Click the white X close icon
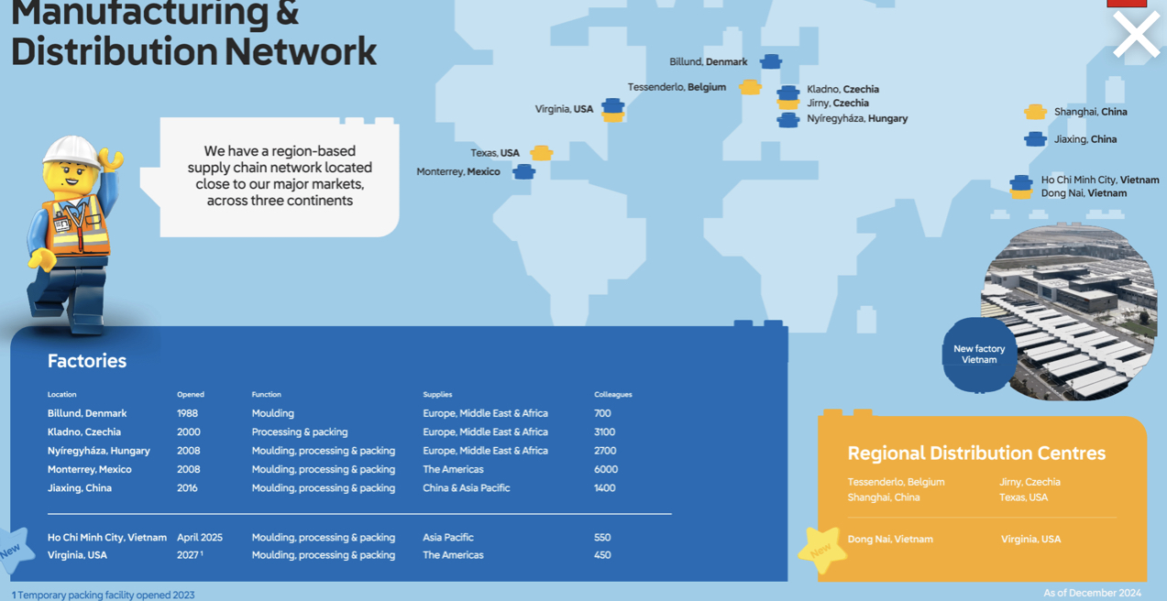pyautogui.click(x=1136, y=36)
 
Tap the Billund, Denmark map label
pyautogui.click(x=708, y=62)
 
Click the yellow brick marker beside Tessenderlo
pyautogui.click(x=750, y=87)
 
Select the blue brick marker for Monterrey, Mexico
pyautogui.click(x=523, y=171)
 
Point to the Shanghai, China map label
pyautogui.click(x=1090, y=112)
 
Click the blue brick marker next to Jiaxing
pyautogui.click(x=1035, y=139)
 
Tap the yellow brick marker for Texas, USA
pyautogui.click(x=541, y=153)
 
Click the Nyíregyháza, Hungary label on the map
pyautogui.click(x=857, y=118)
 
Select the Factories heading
pyautogui.click(x=87, y=361)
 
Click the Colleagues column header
pyautogui.click(x=612, y=395)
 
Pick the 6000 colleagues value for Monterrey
pyautogui.click(x=605, y=469)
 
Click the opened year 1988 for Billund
pyautogui.click(x=187, y=413)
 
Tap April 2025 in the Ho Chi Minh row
pyautogui.click(x=200, y=538)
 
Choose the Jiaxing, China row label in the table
pyautogui.click(x=80, y=488)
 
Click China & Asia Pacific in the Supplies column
pyautogui.click(x=466, y=488)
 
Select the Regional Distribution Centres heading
pyautogui.click(x=976, y=453)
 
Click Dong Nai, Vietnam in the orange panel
pyautogui.click(x=890, y=540)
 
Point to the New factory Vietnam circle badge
pyautogui.click(x=978, y=355)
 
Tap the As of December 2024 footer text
pyautogui.click(x=1092, y=593)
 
